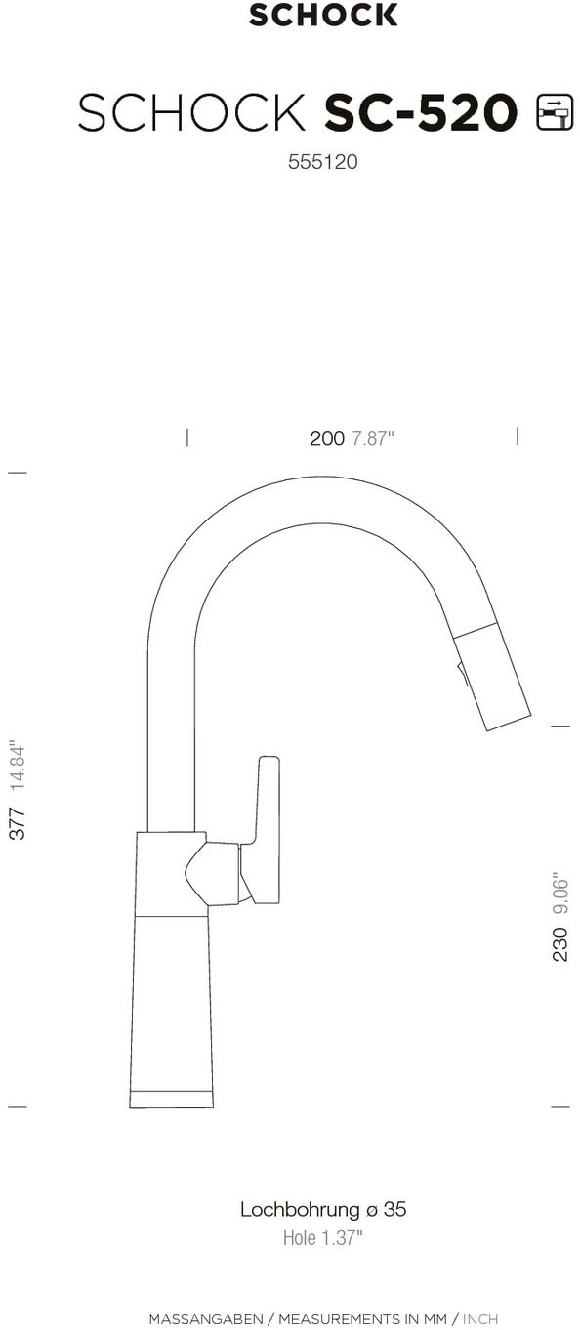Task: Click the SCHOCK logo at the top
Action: pyautogui.click(x=323, y=15)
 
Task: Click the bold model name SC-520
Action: pyautogui.click(x=420, y=114)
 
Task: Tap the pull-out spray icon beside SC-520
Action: pyautogui.click(x=555, y=113)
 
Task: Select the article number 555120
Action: pyautogui.click(x=322, y=163)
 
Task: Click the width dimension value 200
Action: pyautogui.click(x=327, y=438)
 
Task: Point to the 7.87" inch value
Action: pyautogui.click(x=372, y=438)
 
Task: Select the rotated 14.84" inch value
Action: pyautogui.click(x=18, y=767)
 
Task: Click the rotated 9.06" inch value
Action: pyautogui.click(x=560, y=892)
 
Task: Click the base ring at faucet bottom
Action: pyautogui.click(x=172, y=1100)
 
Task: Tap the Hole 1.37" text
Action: pyautogui.click(x=322, y=1238)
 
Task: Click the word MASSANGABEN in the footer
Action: pyautogui.click(x=205, y=1319)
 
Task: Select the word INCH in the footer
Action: pyautogui.click(x=480, y=1319)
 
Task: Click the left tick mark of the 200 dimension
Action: pyautogui.click(x=187, y=436)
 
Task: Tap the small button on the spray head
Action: pyautogui.click(x=462, y=672)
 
